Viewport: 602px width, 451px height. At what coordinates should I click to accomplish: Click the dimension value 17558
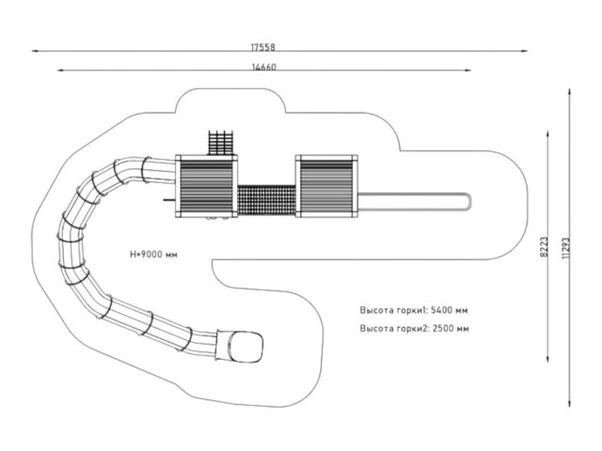pos(263,47)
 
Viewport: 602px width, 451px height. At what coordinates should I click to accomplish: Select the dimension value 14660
pos(263,67)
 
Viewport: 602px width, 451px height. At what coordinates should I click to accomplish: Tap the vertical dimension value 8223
pos(544,246)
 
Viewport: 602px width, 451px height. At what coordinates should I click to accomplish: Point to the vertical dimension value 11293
pos(566,248)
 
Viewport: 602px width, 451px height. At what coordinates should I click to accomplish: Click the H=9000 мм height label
pos(153,255)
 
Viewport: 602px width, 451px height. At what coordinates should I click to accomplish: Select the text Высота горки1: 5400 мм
pos(414,310)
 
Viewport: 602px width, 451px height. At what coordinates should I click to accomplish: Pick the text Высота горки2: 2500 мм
pos(414,328)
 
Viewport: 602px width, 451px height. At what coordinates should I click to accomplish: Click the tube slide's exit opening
pos(246,347)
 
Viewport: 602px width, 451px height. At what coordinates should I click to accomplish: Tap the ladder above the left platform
pos(221,143)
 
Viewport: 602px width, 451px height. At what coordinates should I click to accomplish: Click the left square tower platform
pos(207,186)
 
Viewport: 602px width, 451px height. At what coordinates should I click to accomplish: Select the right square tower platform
pos(326,186)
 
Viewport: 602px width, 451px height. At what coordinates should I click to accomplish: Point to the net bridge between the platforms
pos(267,200)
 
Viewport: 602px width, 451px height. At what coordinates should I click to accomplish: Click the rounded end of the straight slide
pos(467,201)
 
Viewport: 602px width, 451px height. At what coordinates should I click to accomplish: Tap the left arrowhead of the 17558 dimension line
pos(35,51)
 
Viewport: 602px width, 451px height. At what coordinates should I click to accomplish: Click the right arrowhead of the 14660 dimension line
pos(468,70)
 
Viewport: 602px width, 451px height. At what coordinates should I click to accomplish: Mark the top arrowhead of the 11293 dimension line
pos(569,92)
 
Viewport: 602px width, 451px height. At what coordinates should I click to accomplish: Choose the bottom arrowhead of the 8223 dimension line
pos(547,359)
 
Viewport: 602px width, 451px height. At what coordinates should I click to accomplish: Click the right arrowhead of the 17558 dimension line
pos(525,51)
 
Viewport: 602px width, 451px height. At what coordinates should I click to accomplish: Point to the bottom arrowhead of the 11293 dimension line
pos(569,404)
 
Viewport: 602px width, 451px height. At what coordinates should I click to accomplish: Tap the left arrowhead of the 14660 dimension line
pos(60,70)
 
